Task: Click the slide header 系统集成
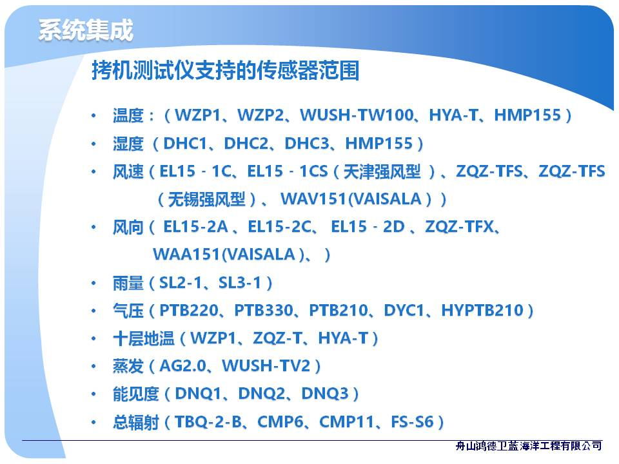86,30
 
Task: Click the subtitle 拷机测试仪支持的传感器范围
226,70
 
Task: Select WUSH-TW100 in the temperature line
357,115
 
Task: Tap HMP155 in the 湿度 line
378,143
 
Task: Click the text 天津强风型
382,171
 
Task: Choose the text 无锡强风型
206,199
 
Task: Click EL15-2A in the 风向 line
195,227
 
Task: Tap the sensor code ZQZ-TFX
460,227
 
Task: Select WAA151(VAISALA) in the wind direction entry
228,255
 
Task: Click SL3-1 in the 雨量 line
240,282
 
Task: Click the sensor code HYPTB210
482,310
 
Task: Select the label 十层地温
143,338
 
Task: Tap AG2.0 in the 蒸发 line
182,366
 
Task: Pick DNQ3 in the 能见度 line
325,393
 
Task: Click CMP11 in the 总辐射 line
346,421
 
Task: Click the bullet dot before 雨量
93,283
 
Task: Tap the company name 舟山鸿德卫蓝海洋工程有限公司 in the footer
528,446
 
